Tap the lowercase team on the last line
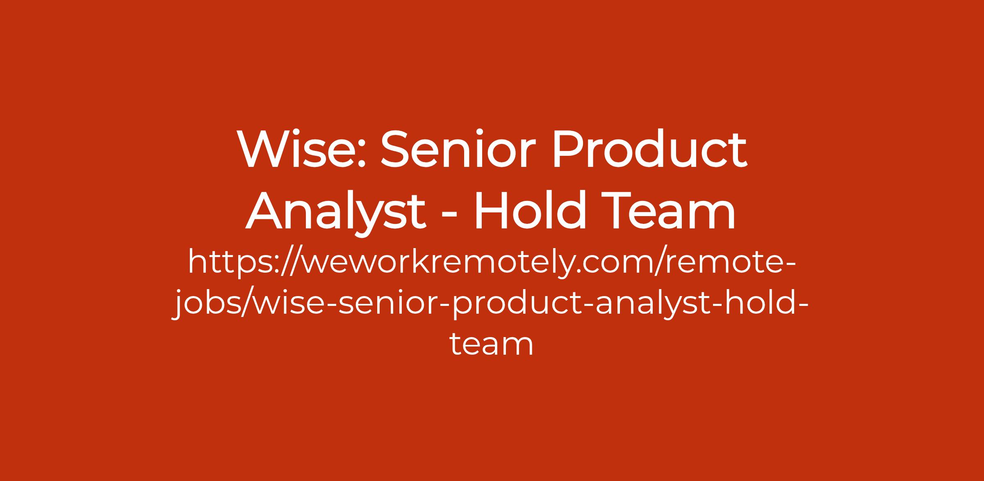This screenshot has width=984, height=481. pyautogui.click(x=492, y=344)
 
